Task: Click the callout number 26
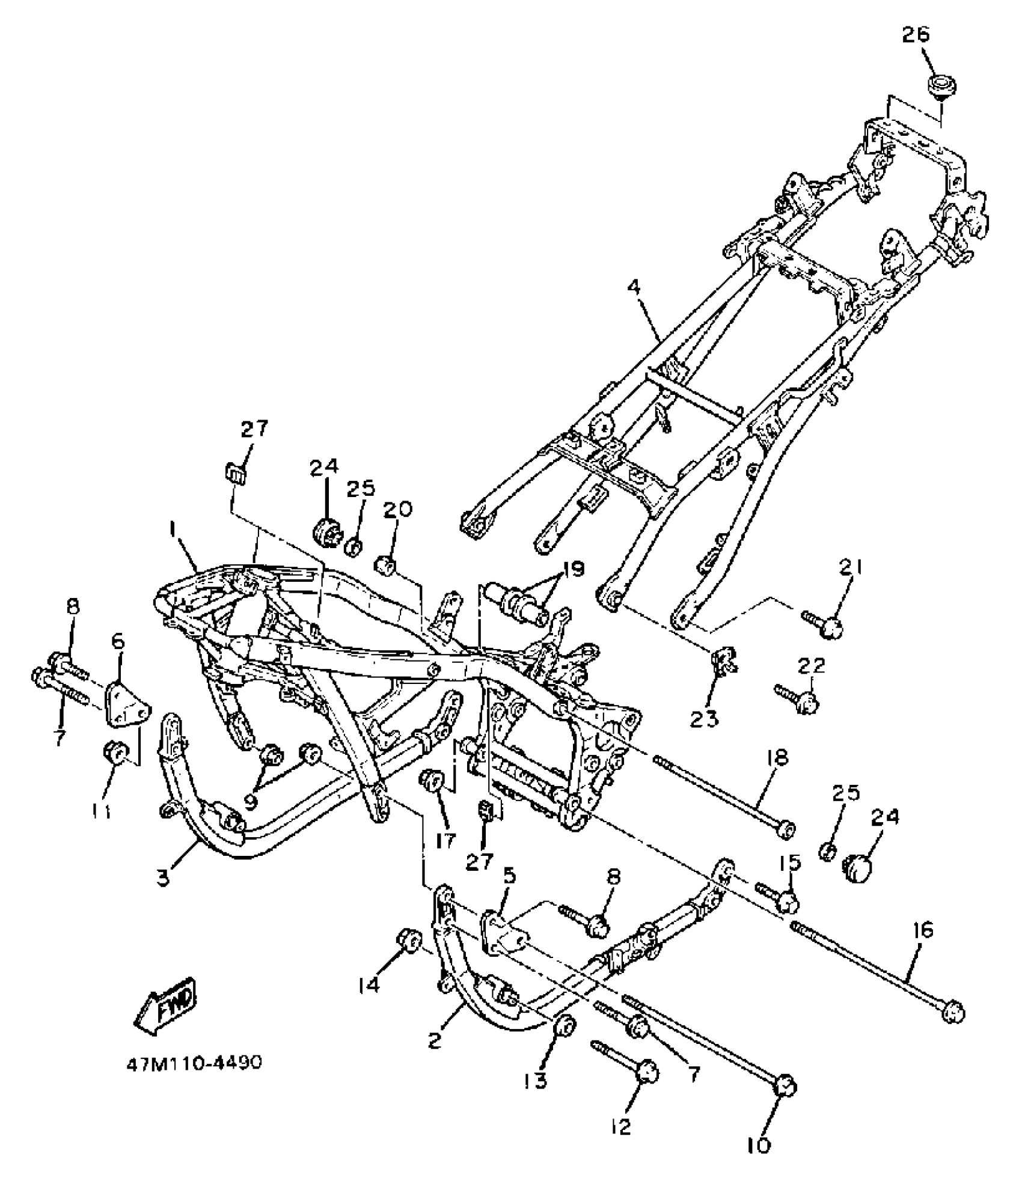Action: [x=915, y=35]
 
